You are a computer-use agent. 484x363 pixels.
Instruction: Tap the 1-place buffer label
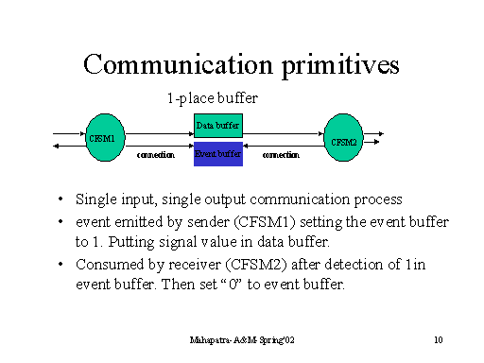coord(213,97)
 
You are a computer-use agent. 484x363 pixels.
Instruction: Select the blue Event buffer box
coord(218,153)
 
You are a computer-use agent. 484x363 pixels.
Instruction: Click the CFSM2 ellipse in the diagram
coord(343,141)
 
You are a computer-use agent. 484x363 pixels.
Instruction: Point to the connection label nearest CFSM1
coord(156,154)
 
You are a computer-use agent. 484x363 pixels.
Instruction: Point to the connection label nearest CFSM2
coord(281,154)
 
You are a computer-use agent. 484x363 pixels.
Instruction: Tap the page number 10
coord(438,338)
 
